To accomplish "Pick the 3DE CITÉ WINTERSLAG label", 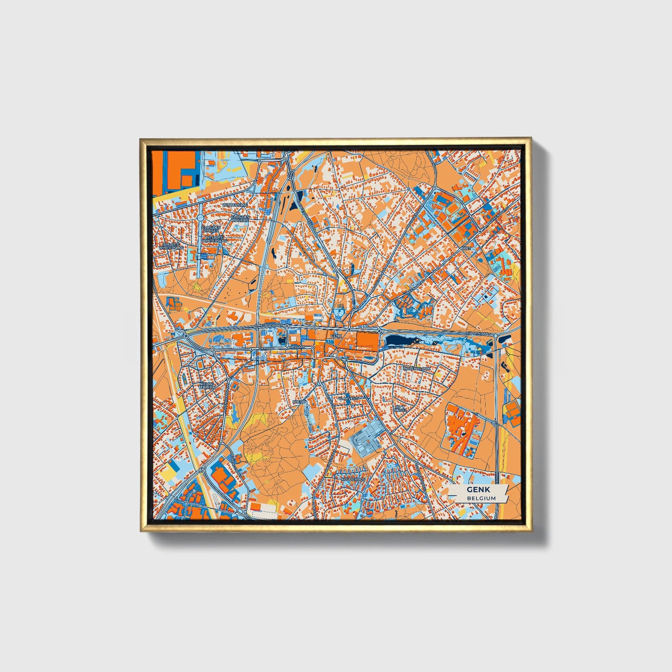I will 171,246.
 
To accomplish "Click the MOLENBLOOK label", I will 418,368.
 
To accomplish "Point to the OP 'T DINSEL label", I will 399,409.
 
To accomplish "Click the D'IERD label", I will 299,401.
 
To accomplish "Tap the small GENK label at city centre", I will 336,335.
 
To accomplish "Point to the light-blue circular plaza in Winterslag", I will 200,218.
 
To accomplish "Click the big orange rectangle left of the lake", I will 367,340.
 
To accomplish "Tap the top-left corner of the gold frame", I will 140,139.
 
